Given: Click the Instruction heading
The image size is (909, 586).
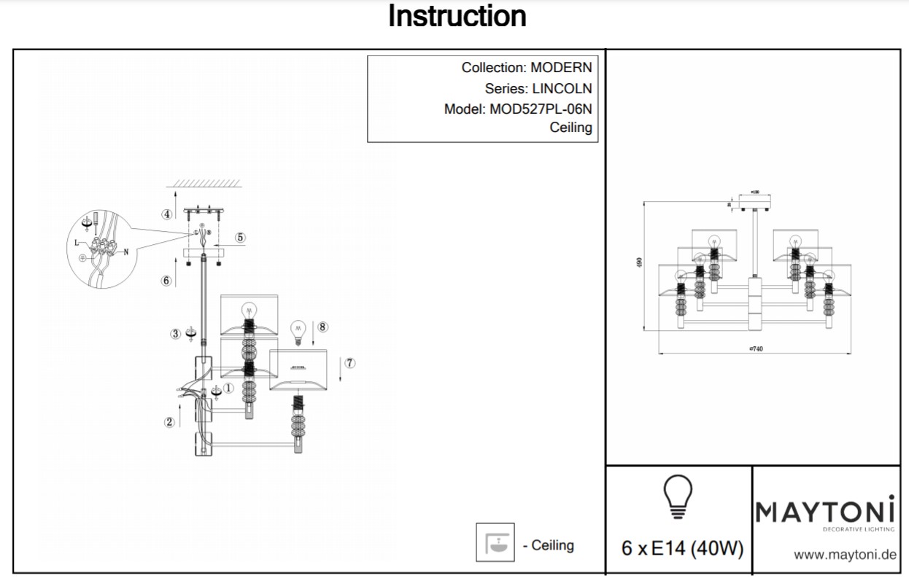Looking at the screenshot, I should click(x=457, y=16).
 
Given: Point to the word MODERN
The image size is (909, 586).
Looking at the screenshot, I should click(x=561, y=68).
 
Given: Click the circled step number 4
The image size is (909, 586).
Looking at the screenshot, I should click(x=167, y=214).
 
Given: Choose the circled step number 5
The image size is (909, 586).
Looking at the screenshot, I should click(x=241, y=238).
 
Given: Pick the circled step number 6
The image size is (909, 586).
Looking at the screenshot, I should click(x=167, y=281).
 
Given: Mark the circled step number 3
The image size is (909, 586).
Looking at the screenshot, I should click(x=175, y=334).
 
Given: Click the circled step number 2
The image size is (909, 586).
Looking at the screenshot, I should click(x=169, y=422).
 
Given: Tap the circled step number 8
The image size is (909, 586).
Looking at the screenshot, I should click(x=323, y=327).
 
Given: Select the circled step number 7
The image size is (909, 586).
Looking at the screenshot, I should click(x=350, y=362).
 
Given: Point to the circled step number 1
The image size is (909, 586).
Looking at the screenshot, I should click(x=228, y=389).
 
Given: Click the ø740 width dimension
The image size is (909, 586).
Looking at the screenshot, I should click(x=756, y=349).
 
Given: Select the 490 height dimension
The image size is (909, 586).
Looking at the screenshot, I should click(x=639, y=263).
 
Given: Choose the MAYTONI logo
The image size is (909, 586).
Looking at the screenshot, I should click(x=825, y=512).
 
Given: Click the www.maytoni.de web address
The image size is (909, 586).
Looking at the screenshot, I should click(x=844, y=555).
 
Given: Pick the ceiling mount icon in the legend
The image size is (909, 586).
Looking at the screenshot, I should click(x=495, y=543).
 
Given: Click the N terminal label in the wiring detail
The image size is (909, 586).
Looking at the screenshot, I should click(x=126, y=252).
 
